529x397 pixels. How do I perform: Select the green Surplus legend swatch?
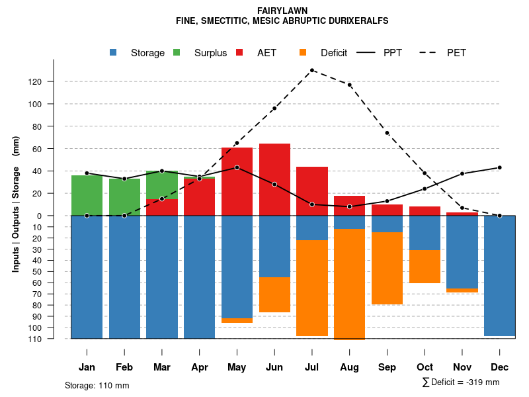point(177,52)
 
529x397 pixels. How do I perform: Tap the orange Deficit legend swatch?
point(303,52)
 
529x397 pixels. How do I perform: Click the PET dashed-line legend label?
point(456,52)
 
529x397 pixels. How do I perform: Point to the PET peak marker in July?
point(312,70)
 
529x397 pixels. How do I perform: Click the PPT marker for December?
point(500,167)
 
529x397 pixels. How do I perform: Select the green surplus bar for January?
point(87,195)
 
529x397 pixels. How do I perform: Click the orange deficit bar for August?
point(349,284)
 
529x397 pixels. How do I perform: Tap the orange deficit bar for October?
point(425,267)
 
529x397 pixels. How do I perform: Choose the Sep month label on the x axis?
point(387,367)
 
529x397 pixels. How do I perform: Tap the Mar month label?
point(162,367)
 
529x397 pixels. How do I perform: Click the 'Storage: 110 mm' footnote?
point(97,385)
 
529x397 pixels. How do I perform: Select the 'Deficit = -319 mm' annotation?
point(460,382)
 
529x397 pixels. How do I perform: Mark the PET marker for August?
point(349,85)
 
